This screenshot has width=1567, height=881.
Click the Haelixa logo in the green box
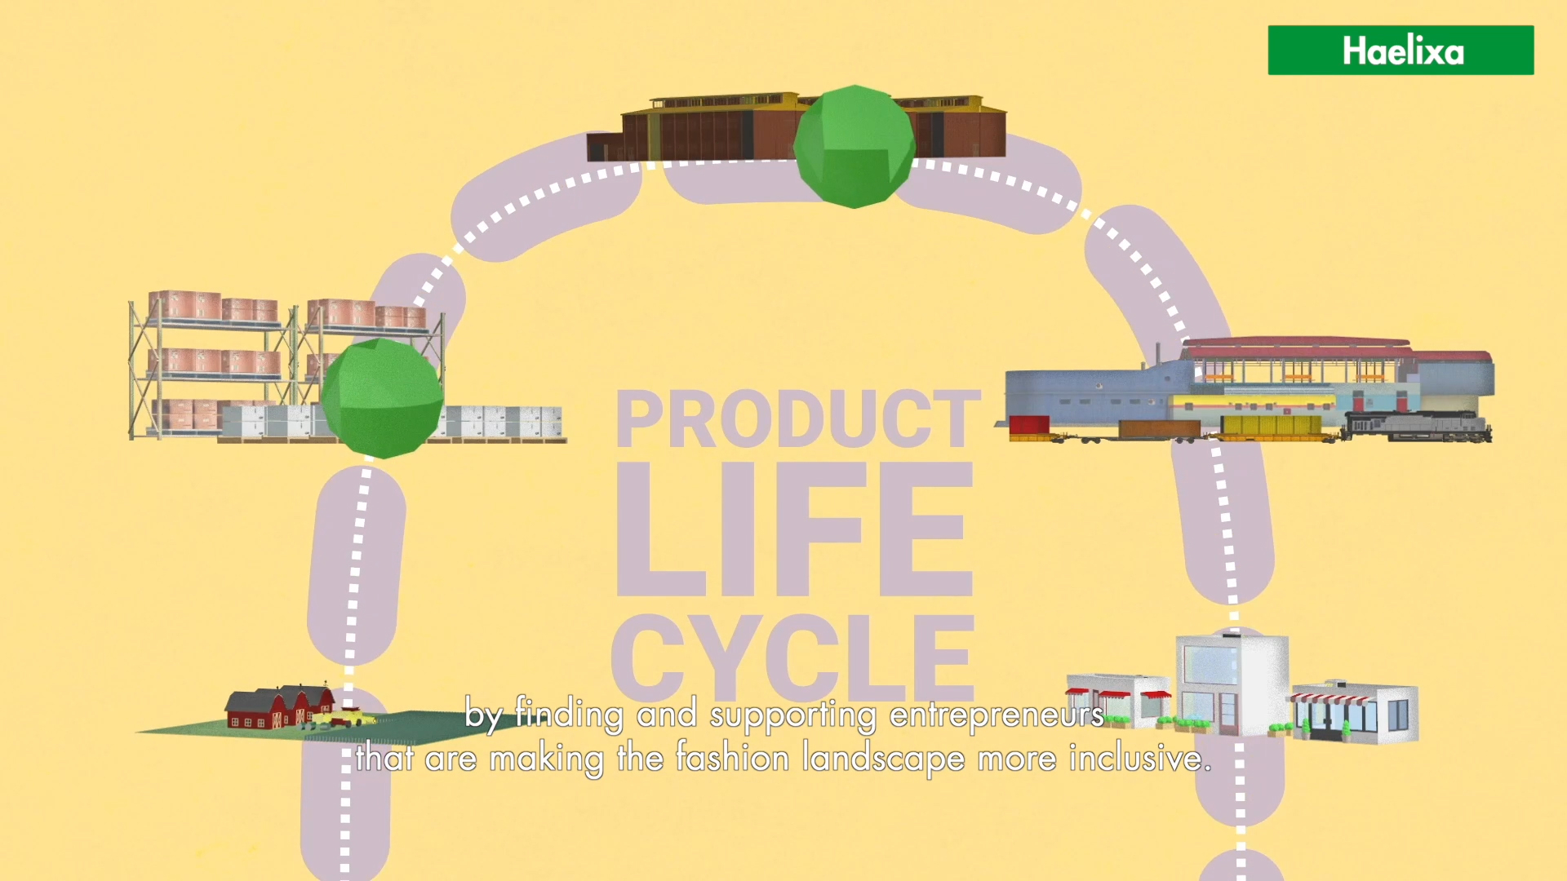coord(1401,51)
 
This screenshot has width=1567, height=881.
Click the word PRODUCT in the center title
coord(797,419)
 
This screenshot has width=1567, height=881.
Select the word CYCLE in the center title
coord(793,657)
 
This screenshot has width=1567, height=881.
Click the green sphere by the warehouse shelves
coord(382,398)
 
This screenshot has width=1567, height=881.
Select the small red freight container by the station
coord(1028,426)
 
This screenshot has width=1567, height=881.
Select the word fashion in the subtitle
coord(732,759)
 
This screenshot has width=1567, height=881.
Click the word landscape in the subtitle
coord(883,759)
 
